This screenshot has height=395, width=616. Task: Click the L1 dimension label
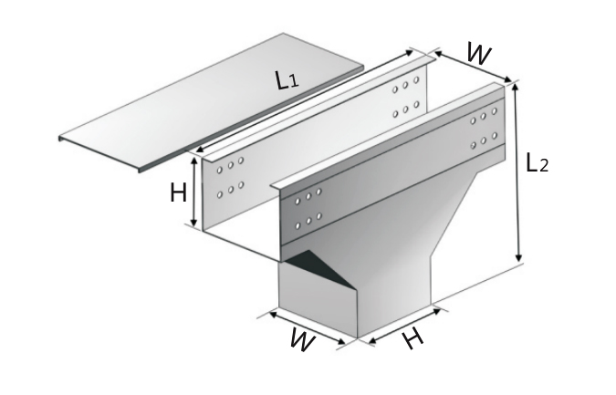point(287,80)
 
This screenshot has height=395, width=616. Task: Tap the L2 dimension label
point(537,163)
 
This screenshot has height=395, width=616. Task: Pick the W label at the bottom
point(302,339)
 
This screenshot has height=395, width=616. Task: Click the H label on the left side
point(178,193)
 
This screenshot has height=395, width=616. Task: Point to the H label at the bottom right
point(413,338)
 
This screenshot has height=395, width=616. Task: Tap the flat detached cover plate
point(212,103)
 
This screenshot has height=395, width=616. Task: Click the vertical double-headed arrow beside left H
point(194,192)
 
